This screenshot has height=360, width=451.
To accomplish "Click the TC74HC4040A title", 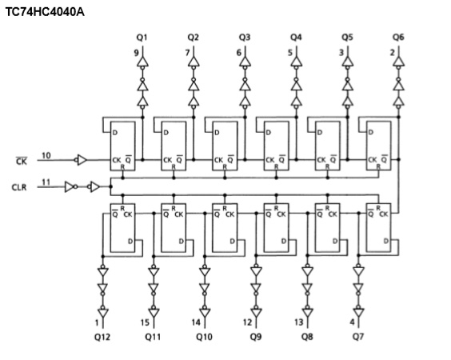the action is point(45,12).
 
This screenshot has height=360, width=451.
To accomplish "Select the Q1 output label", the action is point(142,38).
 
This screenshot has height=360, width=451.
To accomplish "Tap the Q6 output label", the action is point(398,37).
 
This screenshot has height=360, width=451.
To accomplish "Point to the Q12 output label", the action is point(102,337).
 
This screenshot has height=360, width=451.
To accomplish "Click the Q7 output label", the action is point(358,337).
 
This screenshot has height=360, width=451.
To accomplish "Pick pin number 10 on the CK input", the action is point(46,156).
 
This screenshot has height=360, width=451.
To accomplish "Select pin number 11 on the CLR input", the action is point(46,182).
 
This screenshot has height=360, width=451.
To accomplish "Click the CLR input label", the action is point(19,188).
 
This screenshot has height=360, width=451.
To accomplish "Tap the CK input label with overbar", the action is point(22,161).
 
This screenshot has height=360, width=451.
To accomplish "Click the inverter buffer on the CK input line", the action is point(81,160).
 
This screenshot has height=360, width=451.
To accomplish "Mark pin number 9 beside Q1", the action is point(136,53).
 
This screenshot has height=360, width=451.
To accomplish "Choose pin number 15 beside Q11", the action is point(145,322).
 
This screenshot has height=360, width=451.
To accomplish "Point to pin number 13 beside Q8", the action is point(299,322).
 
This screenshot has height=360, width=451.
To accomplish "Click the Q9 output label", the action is point(256,337).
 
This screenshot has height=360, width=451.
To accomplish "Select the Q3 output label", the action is point(245,38).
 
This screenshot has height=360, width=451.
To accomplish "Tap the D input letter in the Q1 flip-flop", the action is point(115,133).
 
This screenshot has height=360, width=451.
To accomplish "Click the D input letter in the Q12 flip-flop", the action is point(130,241).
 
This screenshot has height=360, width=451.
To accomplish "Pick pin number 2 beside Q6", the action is point(393,53).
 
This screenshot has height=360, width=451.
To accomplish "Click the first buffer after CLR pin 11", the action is point(70,186).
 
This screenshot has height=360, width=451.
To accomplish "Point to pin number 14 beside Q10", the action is point(196,322).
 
